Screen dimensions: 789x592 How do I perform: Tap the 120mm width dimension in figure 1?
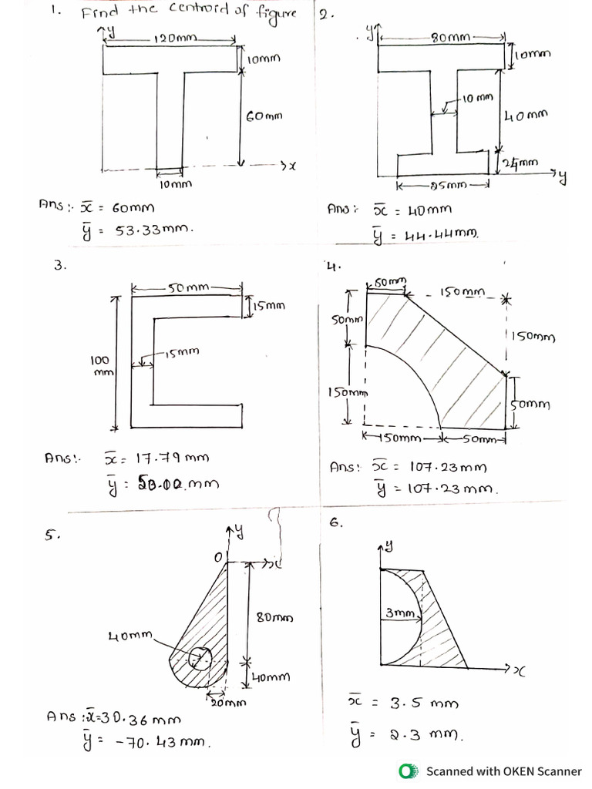[176, 38]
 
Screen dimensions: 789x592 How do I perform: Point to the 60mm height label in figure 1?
[264, 116]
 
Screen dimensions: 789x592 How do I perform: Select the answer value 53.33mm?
[154, 230]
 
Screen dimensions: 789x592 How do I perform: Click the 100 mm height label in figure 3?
[101, 365]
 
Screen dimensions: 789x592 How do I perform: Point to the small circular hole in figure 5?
[200, 658]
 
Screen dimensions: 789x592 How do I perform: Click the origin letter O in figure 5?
[217, 556]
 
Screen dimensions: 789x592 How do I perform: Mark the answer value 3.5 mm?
[424, 703]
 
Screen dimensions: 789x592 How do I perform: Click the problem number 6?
[335, 522]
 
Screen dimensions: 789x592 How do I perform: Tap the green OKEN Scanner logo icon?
[406, 771]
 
